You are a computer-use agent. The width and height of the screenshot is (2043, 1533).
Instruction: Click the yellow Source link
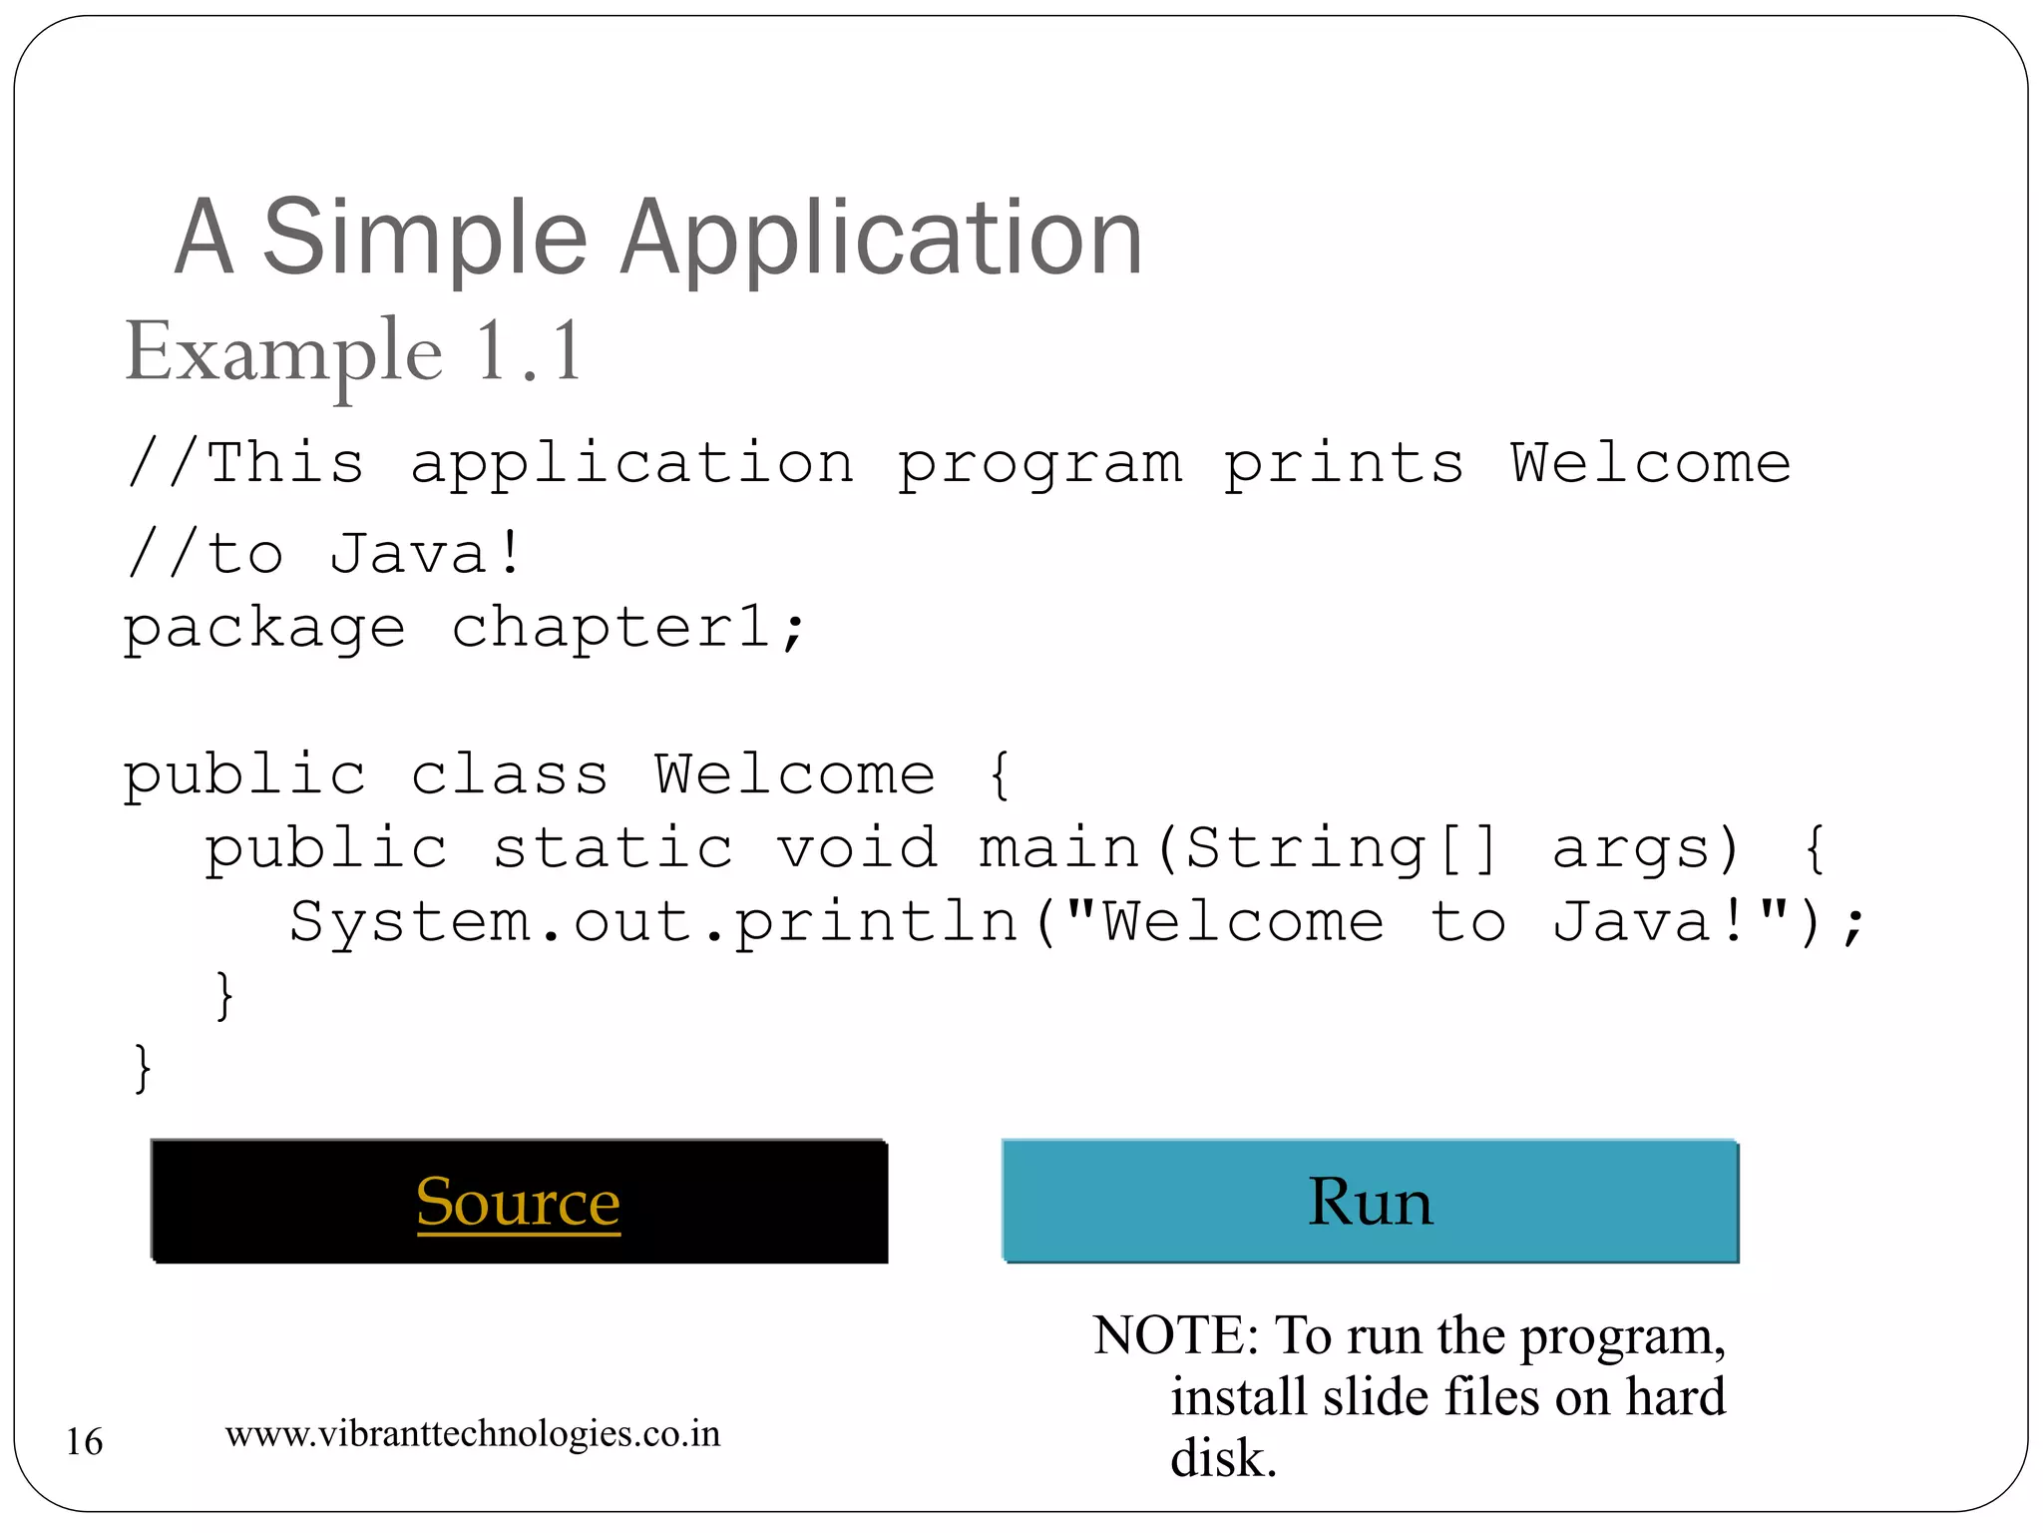point(518,1202)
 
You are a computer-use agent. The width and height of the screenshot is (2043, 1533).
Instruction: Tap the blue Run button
point(1370,1201)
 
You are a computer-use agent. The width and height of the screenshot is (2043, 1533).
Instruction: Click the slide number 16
point(85,1441)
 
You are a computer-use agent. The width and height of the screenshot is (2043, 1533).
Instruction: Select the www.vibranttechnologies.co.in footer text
point(472,1434)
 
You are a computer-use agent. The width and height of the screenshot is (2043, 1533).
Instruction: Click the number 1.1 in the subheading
point(528,350)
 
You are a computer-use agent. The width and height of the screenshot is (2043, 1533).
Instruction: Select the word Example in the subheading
point(283,352)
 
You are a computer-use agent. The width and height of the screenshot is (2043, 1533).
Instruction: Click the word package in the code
point(264,629)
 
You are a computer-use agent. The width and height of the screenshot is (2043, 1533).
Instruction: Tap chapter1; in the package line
point(628,629)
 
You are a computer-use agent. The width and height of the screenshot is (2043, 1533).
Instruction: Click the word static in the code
point(613,848)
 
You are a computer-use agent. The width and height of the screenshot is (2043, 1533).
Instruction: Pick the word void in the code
point(857,848)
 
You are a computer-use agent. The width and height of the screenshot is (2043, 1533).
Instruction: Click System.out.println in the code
point(653,921)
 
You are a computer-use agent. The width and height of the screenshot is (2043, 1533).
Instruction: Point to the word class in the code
point(509,775)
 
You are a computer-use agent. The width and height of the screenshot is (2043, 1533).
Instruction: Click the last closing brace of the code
point(143,1068)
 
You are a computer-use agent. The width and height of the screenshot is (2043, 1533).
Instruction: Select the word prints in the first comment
point(1344,465)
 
